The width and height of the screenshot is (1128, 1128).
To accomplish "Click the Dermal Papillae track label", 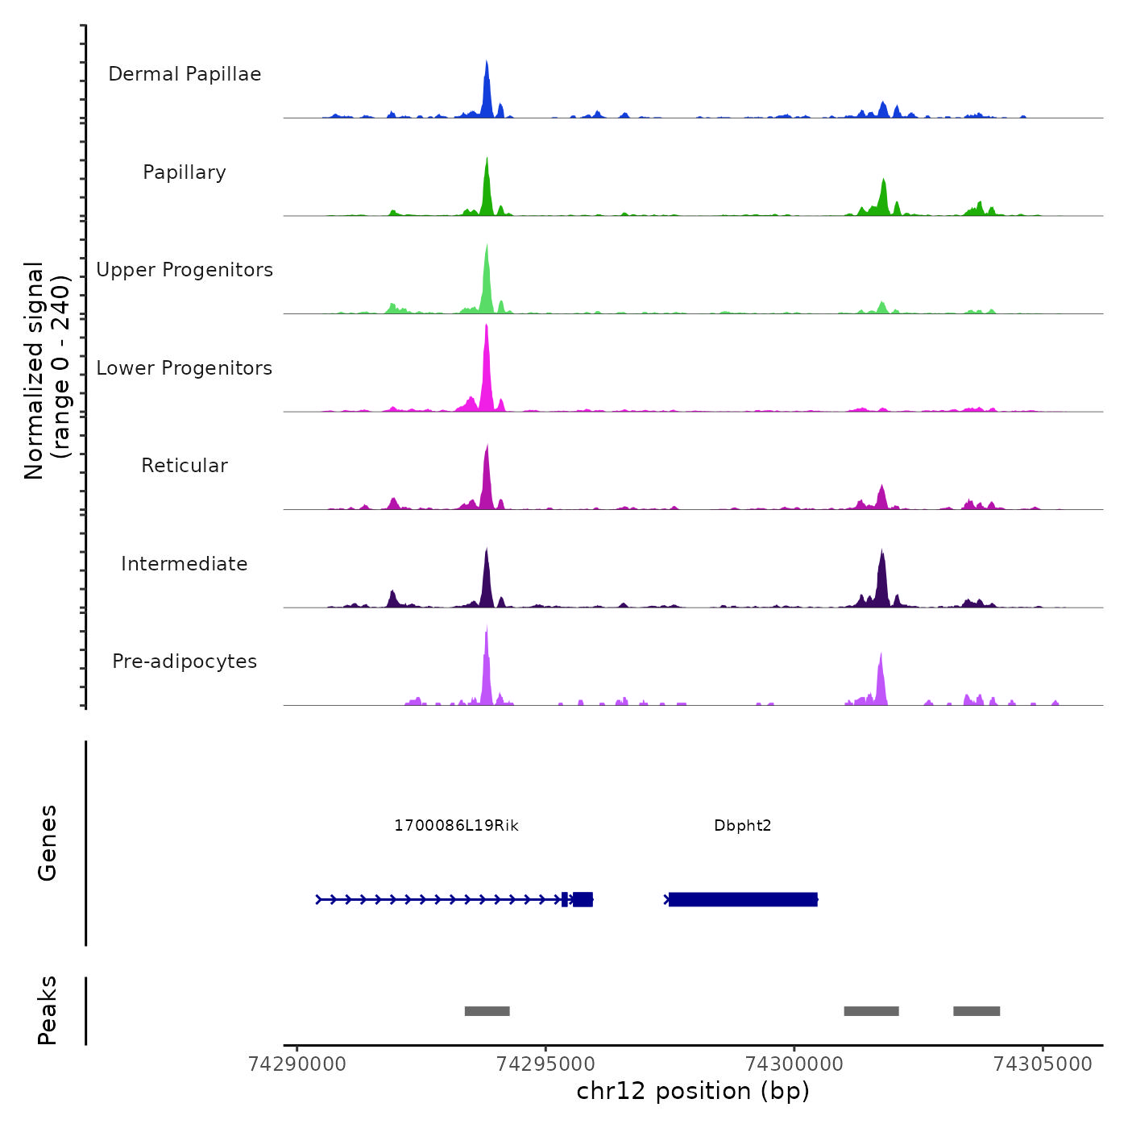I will (x=185, y=74).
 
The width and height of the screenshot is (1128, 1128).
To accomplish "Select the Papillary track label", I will (x=185, y=172).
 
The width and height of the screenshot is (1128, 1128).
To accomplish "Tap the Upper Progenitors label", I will (x=185, y=270).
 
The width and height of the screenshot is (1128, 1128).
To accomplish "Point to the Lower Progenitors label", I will (x=185, y=368).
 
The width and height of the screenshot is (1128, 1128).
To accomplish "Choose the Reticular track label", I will (x=185, y=466).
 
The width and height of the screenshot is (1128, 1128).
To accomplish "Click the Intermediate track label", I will (x=185, y=564).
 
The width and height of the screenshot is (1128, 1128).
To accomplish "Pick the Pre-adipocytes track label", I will (x=185, y=661).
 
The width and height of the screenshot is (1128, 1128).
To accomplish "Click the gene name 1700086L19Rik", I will (x=456, y=825).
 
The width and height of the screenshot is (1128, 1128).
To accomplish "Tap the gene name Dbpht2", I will (x=742, y=825).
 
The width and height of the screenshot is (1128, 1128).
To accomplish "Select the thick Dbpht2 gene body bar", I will (x=743, y=899).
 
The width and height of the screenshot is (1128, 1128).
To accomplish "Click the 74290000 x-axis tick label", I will (x=297, y=1064).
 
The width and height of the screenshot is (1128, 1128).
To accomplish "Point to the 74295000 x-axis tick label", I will (x=545, y=1064).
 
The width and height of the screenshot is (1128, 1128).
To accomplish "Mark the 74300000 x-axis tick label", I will (x=794, y=1064).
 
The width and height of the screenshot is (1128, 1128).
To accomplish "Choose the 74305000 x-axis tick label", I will (x=1043, y=1064).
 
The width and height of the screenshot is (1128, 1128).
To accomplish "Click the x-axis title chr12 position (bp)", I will (x=693, y=1091).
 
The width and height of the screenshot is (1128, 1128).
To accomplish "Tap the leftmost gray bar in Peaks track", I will (x=487, y=1011).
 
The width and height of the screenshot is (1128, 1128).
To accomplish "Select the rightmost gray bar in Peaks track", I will (x=977, y=1011).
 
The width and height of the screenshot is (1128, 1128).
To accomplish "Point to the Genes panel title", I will (x=48, y=842).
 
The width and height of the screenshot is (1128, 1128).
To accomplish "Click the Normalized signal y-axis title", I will (x=47, y=371).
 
